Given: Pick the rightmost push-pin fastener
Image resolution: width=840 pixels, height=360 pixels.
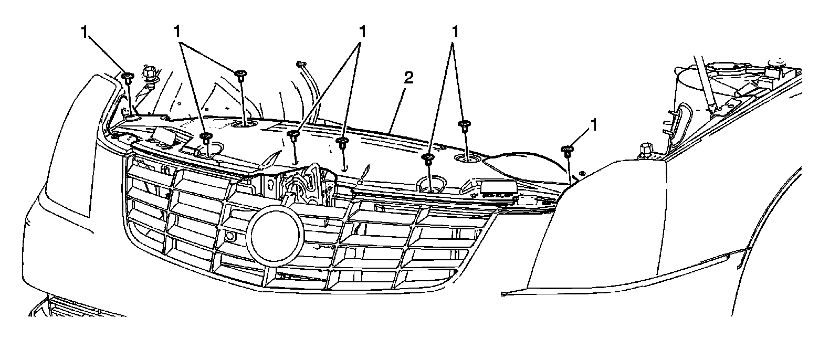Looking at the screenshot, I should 566,151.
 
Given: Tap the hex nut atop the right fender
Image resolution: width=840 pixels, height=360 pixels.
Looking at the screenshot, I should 646,151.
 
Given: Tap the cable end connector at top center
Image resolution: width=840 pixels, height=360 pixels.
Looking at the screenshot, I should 301,64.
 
